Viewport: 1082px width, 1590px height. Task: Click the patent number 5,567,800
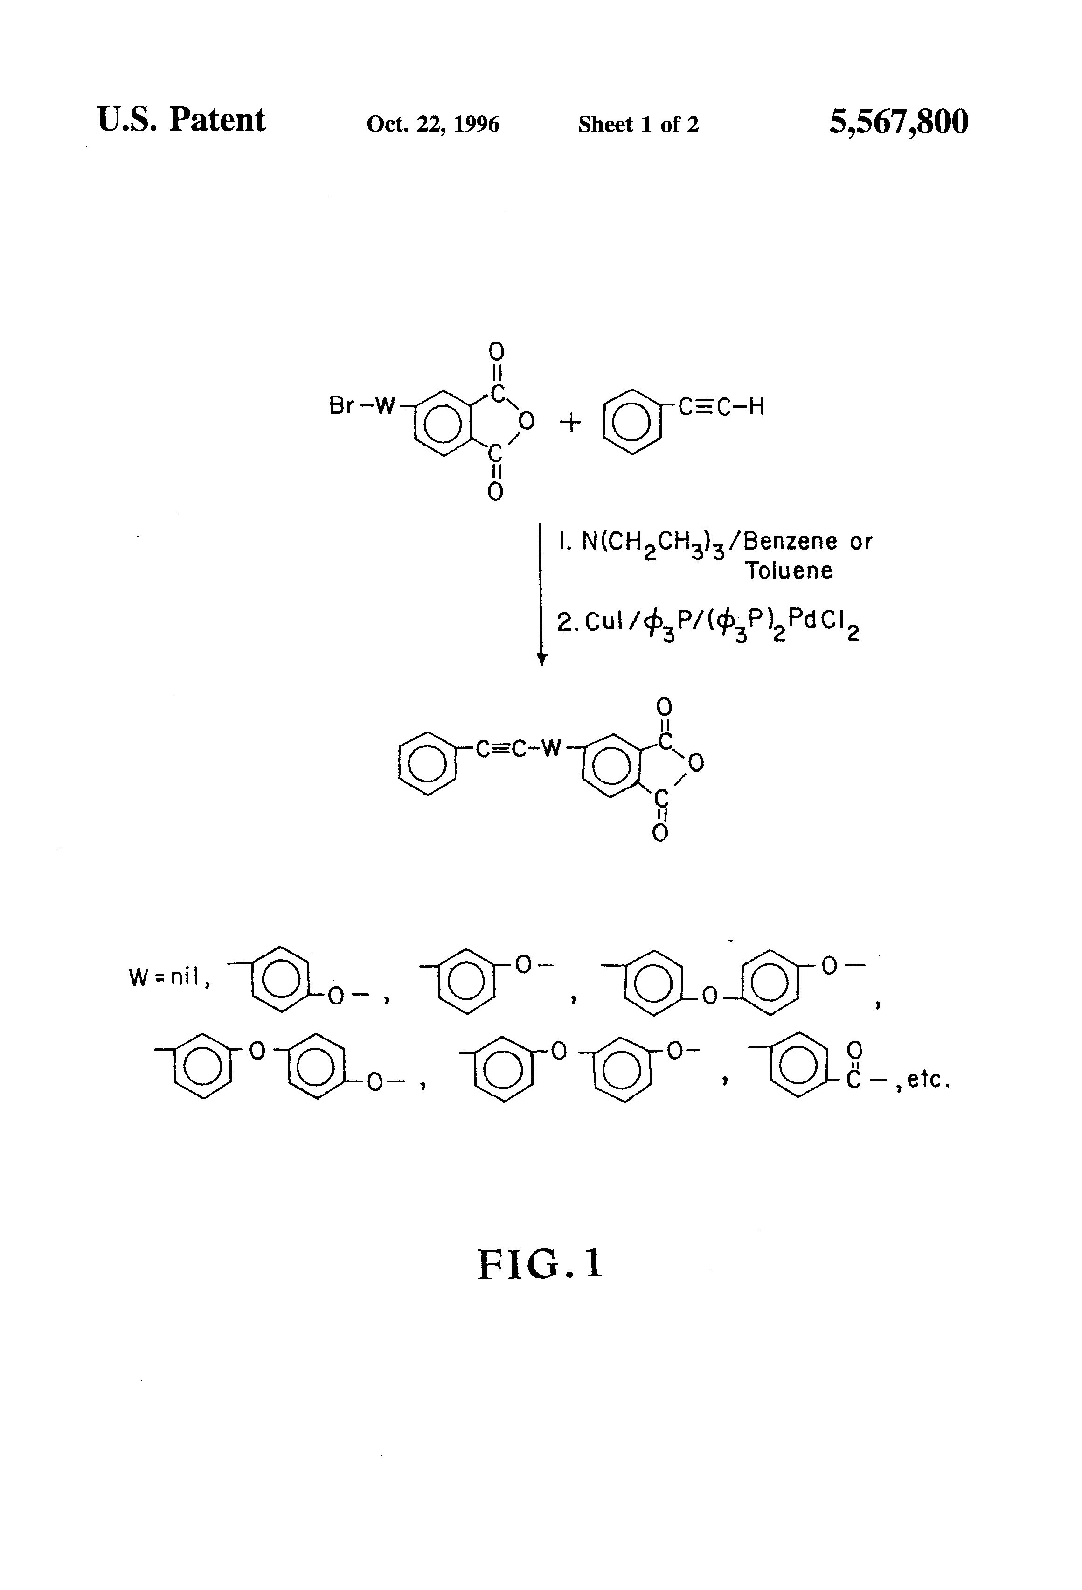[x=898, y=122]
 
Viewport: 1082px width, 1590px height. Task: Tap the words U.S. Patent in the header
[x=181, y=120]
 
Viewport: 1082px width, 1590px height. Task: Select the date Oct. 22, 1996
[x=432, y=124]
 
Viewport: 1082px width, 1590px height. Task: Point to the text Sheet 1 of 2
[x=638, y=124]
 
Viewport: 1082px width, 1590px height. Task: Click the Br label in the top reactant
[x=340, y=406]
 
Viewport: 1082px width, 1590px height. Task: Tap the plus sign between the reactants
[x=570, y=423]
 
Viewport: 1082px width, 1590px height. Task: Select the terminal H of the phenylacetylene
[x=756, y=406]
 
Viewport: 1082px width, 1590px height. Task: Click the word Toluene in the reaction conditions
[x=789, y=571]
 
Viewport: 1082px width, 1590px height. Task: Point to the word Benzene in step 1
[x=790, y=542]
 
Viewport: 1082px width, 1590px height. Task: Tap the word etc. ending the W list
[x=928, y=1080]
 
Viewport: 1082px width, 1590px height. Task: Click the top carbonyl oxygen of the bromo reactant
[x=497, y=352]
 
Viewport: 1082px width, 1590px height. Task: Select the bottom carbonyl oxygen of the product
[x=660, y=833]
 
